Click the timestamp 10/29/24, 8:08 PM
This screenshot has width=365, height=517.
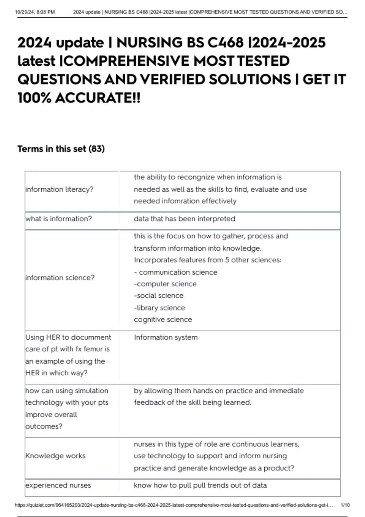35,12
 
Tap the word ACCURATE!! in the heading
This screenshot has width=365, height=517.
98,98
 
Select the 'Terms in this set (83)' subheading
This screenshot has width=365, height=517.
61,149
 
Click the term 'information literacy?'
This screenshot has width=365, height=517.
59,189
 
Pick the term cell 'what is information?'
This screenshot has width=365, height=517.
58,219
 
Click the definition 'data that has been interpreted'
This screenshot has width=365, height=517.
184,219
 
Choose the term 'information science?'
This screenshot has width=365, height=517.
60,278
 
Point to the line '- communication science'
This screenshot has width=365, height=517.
176,272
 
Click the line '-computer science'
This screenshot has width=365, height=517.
165,284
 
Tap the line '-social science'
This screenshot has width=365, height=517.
158,296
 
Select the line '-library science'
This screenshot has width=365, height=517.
159,308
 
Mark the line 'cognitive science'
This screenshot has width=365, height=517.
163,319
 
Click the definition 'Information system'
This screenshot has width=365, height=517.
165,337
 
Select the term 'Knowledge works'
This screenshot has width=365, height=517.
55,456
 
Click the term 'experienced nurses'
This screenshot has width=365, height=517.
58,485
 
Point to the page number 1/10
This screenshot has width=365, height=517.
345,505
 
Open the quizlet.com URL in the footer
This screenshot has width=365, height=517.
174,505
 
